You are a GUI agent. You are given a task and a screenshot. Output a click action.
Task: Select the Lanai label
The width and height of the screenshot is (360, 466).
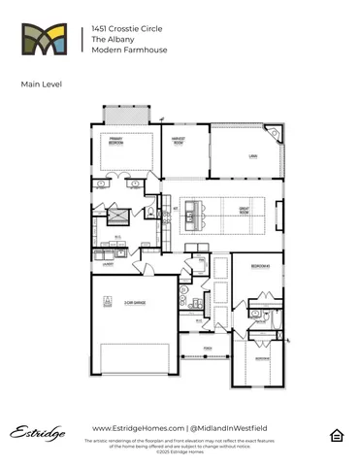coord(253,155)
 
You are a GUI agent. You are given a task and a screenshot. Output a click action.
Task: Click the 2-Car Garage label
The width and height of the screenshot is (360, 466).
coord(135,304)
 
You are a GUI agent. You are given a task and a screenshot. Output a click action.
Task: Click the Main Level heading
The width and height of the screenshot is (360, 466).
coord(40,84)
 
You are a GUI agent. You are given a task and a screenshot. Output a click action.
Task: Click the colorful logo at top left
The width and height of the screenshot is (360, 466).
coord(46,42)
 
